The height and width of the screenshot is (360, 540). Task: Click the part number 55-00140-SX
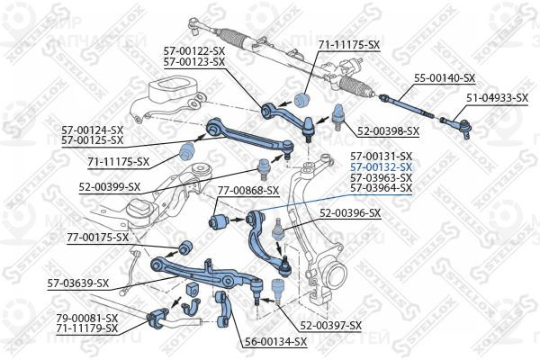(445, 78)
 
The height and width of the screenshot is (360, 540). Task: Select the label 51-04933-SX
(497, 98)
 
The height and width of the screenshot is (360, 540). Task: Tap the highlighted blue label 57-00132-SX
(381, 167)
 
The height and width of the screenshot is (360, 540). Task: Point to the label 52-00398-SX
(388, 130)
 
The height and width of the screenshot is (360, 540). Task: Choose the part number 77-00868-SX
(248, 190)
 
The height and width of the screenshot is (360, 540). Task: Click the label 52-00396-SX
(350, 213)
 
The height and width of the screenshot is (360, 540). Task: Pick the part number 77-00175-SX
(98, 237)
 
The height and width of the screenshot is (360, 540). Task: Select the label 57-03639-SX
(78, 283)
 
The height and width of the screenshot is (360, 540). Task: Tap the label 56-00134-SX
(275, 342)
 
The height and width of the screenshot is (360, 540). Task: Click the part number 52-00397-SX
(331, 325)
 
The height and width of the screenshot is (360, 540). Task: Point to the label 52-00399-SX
(110, 186)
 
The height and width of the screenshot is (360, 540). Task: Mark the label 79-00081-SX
(87, 318)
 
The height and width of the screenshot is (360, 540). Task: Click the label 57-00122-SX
(194, 51)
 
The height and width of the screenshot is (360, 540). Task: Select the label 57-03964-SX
(381, 188)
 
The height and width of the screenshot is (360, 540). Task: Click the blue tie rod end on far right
(457, 126)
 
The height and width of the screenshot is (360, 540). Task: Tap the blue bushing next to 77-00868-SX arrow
(218, 221)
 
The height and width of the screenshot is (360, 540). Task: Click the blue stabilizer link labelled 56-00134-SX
(222, 309)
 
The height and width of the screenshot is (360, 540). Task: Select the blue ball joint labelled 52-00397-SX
(277, 288)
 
